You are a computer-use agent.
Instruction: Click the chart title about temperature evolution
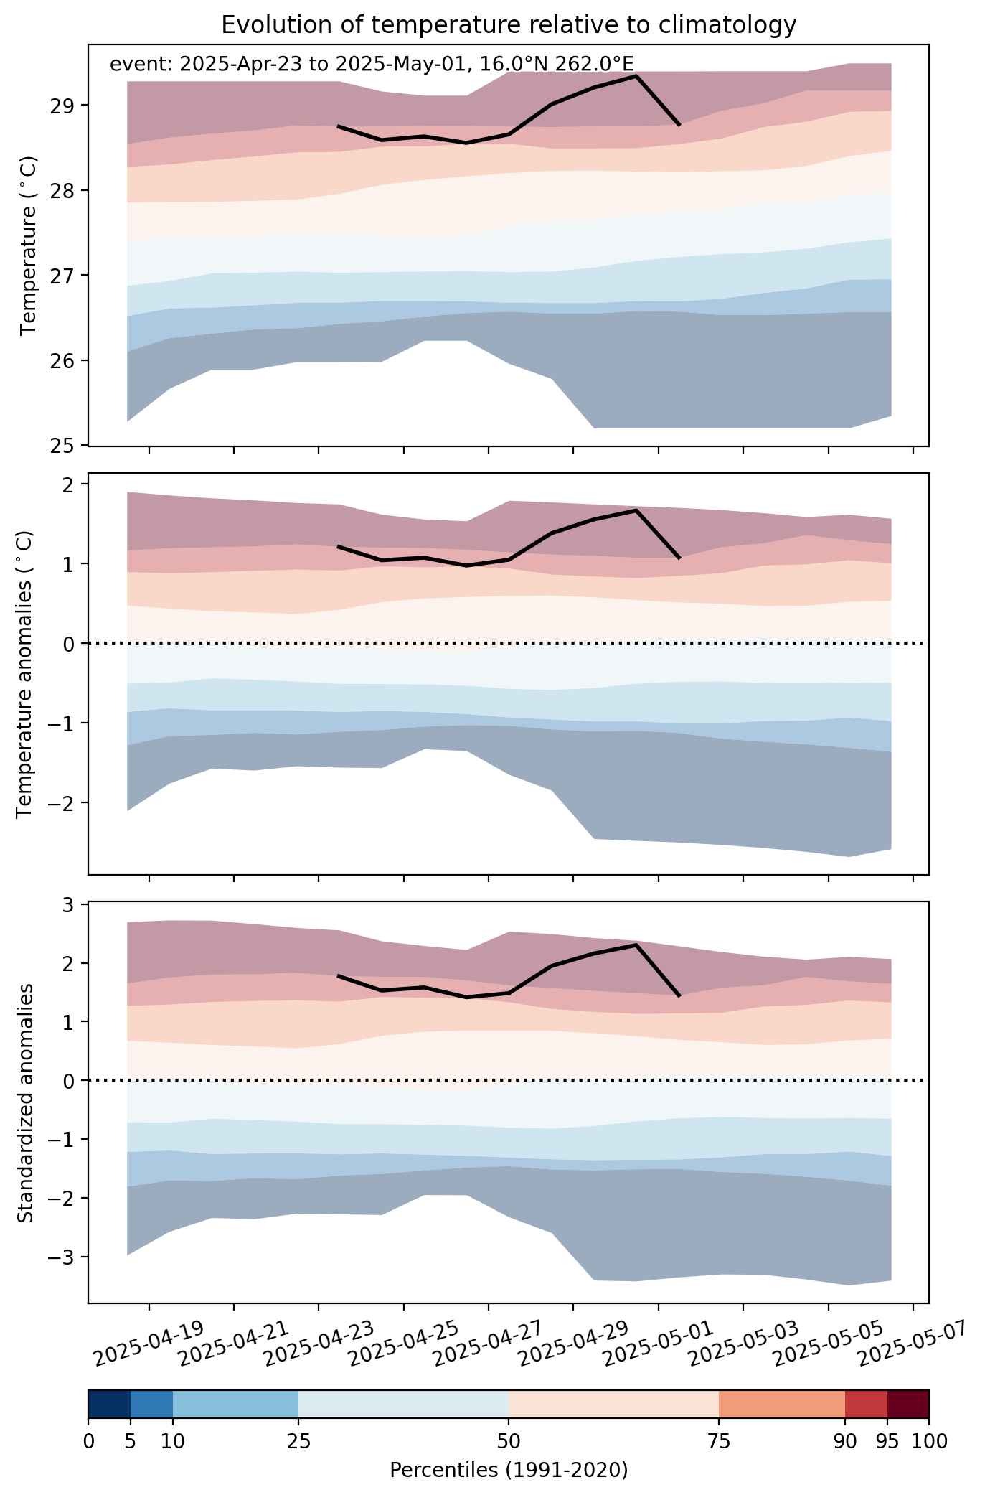(x=509, y=25)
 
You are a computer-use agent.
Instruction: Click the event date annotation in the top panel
(x=372, y=65)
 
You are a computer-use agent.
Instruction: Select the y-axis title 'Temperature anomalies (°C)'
(x=26, y=674)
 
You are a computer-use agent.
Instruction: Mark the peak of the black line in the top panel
(x=636, y=75)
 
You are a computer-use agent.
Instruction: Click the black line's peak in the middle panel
(x=636, y=510)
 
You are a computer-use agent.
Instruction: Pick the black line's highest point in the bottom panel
(x=636, y=945)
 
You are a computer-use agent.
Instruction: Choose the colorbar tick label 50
(x=509, y=1440)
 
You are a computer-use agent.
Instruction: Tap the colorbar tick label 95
(x=887, y=1440)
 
